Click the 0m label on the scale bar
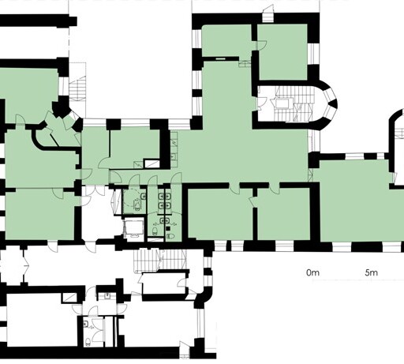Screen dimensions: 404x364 pos(312,272)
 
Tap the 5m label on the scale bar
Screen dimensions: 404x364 pos(371,272)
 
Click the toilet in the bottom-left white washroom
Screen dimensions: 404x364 pos(88,342)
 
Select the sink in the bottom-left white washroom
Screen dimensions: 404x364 pos(85,324)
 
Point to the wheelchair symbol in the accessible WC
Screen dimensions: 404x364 pos(137,204)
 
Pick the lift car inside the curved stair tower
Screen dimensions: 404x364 pos(282,103)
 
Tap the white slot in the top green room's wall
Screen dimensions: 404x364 pos(220,59)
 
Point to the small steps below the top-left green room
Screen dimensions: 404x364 pos(245,64)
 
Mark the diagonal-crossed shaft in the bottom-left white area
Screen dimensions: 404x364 pos(69,298)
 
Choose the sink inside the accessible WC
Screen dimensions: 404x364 pos(144,196)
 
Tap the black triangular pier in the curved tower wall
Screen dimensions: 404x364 pos(333,104)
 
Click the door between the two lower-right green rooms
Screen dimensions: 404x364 pos(252,201)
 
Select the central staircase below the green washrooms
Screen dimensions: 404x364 pos(160,259)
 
